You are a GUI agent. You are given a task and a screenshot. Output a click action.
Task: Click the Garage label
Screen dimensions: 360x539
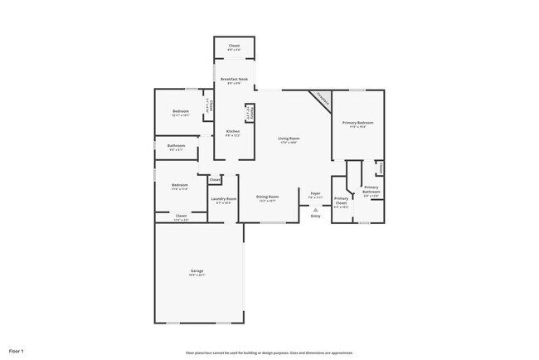coord(197,270)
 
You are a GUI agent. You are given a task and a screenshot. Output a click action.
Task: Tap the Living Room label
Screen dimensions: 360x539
coord(288,138)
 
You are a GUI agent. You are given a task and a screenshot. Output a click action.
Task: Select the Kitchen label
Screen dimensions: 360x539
coord(233,131)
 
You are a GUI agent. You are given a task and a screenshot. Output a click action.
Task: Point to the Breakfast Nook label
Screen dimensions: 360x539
coord(234,79)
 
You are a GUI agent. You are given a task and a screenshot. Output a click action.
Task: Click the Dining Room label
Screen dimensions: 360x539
coord(267,197)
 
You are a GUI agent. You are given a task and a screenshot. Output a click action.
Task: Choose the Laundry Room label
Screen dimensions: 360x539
coord(224,198)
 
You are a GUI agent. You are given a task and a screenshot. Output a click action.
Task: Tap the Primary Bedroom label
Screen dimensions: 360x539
coord(357,122)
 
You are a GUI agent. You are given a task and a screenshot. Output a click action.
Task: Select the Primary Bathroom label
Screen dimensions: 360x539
coord(371,190)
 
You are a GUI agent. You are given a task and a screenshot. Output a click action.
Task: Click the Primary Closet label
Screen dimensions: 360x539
coord(341,201)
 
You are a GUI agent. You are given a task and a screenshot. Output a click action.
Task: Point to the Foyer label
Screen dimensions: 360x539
coord(315,193)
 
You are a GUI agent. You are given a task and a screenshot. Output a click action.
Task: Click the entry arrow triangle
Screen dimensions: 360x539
coord(315,209)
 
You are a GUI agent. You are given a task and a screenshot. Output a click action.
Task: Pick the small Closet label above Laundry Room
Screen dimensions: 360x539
coord(214,179)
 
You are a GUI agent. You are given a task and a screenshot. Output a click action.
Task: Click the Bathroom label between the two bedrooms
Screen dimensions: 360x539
coord(176,146)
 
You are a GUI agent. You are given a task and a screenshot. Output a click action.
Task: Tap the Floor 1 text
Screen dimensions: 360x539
coord(17,351)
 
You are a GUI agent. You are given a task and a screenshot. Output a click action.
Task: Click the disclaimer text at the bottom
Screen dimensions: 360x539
coord(269,351)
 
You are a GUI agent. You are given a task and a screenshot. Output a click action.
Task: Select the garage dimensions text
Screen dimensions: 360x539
coord(197,275)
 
